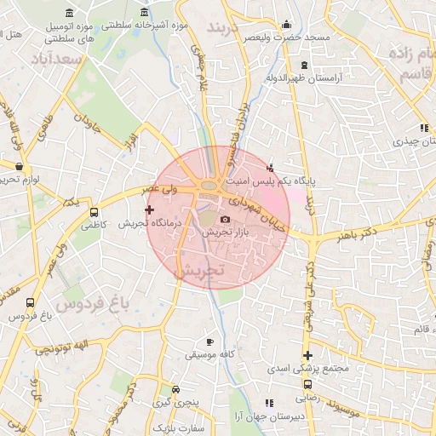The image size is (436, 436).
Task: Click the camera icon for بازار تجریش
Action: click(x=226, y=220)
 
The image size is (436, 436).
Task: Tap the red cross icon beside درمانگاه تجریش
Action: click(x=150, y=209)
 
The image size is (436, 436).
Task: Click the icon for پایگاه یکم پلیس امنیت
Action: click(x=271, y=167)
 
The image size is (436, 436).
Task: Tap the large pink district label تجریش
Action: click(x=198, y=270)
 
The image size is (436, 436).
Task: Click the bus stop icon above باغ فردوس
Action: click(x=32, y=302)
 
